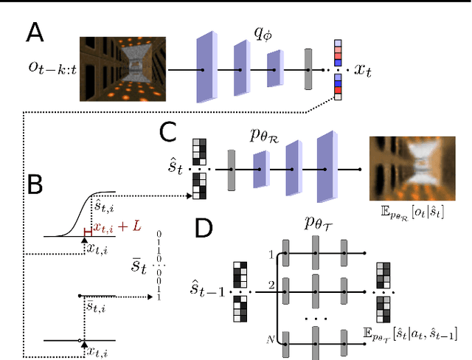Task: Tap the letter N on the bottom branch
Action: pos(268,339)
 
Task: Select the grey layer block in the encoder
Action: pos(308,70)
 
